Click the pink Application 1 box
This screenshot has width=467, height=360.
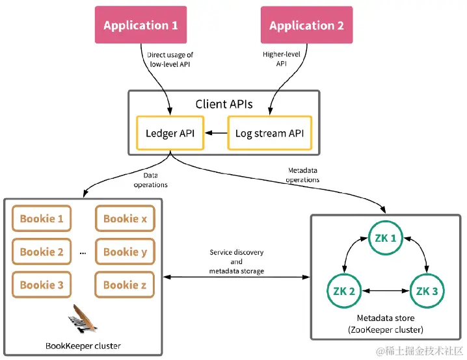coord(140,25)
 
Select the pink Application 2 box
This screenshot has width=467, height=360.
coord(306,25)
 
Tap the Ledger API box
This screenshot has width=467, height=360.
coord(169,133)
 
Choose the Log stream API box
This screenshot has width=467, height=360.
coord(269,133)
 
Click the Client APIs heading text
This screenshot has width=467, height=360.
coord(224,104)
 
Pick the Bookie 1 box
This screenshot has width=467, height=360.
coord(42,219)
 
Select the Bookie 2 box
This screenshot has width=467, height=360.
coord(42,251)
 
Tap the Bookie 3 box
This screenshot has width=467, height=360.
coord(42,285)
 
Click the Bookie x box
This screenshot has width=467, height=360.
coord(125,219)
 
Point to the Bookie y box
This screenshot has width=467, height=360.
coord(125,251)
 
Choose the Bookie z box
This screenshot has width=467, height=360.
coord(125,285)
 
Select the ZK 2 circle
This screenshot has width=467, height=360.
coord(343,290)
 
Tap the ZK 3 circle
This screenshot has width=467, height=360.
coord(427,290)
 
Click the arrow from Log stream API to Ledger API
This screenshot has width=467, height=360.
coord(215,133)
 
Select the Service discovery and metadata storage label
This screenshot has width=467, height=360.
coord(236,261)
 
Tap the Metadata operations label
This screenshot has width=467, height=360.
coord(303,175)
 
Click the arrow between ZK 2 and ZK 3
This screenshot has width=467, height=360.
coord(384,290)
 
